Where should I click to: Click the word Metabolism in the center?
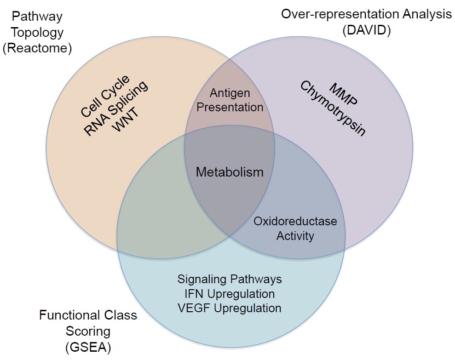pos(230,172)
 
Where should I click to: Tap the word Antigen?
pos(230,93)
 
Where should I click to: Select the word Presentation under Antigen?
pos(230,107)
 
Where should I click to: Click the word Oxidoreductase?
pos(295,221)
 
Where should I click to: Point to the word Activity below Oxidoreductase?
pos(295,236)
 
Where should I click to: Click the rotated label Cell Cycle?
pos(105,96)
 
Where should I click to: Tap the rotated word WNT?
pos(125,120)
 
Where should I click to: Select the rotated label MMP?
pos(344,95)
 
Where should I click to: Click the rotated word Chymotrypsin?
pos(333,108)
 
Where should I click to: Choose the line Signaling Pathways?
pos(230,280)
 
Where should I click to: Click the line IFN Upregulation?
pos(230,294)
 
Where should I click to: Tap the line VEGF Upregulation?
pos(230,308)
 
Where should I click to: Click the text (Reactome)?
pos(37,48)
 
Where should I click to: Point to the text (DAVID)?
pos(367,30)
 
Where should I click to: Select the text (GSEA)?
pos(88,347)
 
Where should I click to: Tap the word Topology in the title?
pos(37,33)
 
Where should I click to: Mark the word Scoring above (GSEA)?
pos(88,331)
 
